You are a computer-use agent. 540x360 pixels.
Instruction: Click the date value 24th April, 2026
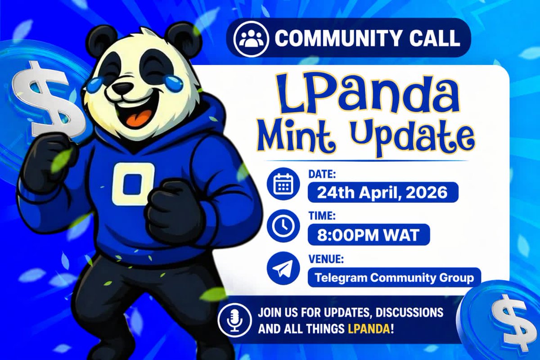click(382, 193)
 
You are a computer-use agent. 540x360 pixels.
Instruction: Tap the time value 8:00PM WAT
click(369, 235)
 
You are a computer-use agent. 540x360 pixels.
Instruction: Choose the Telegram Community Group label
click(394, 278)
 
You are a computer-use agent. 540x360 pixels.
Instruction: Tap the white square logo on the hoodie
click(134, 184)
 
